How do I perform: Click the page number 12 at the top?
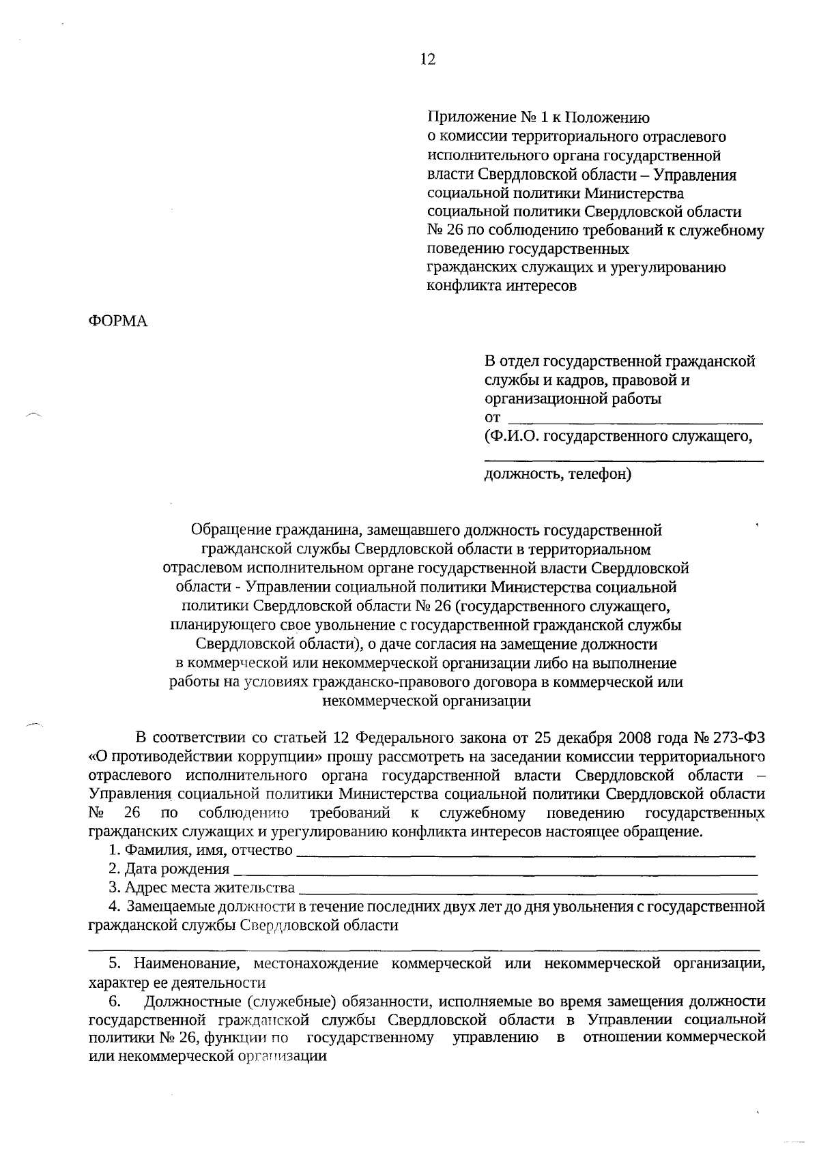tap(427, 59)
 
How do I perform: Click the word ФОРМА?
tap(118, 321)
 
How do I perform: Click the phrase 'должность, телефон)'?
tap(558, 473)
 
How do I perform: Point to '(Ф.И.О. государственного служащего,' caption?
tap(618, 436)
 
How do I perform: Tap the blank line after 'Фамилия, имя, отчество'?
tap(526, 851)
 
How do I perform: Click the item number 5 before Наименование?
tap(115, 964)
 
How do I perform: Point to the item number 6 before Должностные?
tap(114, 1002)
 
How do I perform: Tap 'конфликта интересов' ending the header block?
tap(502, 286)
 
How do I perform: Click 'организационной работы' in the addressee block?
tap(573, 398)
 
